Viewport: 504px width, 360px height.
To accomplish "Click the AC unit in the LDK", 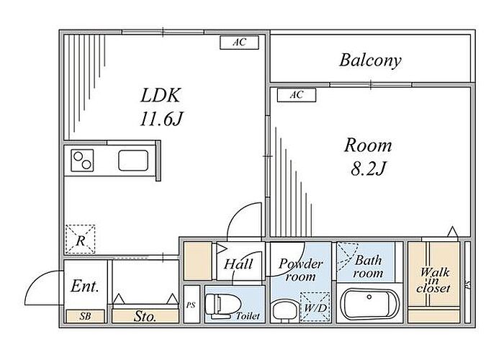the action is tap(239, 42).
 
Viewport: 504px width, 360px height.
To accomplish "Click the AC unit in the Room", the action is tap(297, 95).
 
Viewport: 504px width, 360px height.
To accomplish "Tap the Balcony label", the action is tap(370, 60).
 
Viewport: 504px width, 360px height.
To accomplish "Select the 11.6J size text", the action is tap(161, 119).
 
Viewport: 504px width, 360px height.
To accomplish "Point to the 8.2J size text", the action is tap(368, 168).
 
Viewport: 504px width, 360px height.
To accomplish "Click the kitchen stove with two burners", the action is tap(82, 160).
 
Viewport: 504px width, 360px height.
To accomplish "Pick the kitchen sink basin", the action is tap(133, 161).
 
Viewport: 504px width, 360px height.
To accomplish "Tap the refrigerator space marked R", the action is tap(81, 240).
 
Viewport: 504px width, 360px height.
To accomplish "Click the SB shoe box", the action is tap(86, 316).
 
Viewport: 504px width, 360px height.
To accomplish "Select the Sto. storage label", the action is tap(145, 317).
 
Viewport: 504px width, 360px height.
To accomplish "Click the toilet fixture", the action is tap(222, 306).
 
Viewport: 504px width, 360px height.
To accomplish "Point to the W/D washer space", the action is tap(315, 307).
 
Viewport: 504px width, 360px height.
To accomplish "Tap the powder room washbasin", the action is tap(283, 312).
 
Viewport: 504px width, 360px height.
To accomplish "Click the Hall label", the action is tap(238, 264).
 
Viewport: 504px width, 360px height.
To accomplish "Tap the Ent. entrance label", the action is tap(84, 286).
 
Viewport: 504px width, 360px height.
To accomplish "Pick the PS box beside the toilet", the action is tap(192, 304).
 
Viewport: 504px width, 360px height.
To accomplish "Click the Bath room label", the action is tap(368, 267).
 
